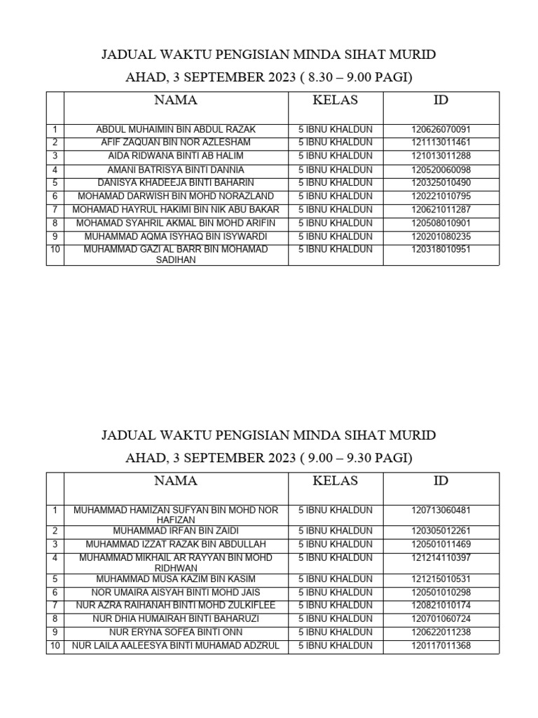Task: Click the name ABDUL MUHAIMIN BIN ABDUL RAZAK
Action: coord(176,130)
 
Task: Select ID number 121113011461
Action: coord(441,142)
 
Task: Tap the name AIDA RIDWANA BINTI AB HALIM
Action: coord(176,156)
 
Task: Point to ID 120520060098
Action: coord(441,170)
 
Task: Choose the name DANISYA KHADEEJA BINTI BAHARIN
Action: coord(176,182)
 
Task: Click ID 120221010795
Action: coord(441,196)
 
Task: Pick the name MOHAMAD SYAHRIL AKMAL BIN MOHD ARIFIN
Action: coord(176,223)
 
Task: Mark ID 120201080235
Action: coord(441,236)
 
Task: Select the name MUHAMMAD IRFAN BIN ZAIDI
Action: coord(176,531)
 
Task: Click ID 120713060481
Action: coord(441,510)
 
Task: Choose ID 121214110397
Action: coord(441,557)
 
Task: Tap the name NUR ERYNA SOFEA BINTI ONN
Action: coord(176,632)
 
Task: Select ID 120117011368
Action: coord(441,645)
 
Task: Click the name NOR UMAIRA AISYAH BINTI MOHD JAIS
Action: coord(176,592)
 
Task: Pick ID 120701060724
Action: coord(441,618)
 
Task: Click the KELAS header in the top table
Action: coord(335,100)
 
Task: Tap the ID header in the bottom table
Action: coord(441,481)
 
